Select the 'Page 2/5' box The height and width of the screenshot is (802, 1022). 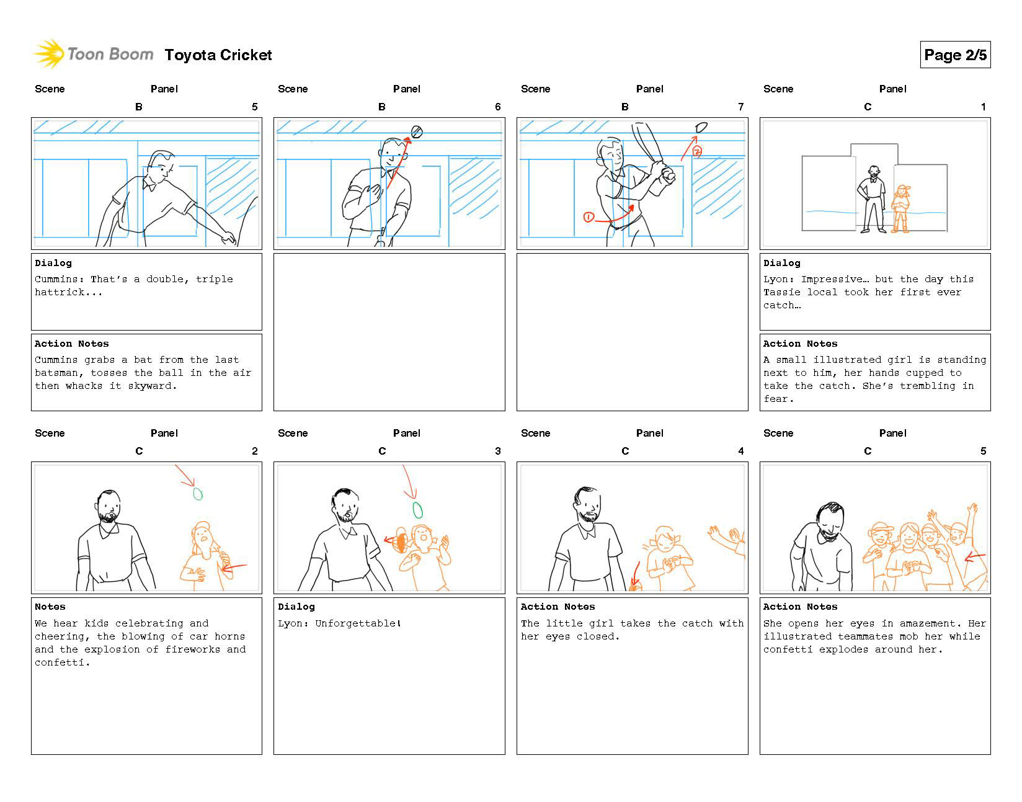click(x=955, y=55)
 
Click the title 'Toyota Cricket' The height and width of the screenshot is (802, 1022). click(x=218, y=55)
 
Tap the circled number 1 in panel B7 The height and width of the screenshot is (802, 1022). click(x=589, y=217)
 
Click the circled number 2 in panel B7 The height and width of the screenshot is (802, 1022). click(x=696, y=151)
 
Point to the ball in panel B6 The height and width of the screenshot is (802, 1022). click(x=417, y=131)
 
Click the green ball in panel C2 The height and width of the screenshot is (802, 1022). click(x=198, y=494)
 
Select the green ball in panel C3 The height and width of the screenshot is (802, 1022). click(x=418, y=510)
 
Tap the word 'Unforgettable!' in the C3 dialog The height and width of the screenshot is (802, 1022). click(x=358, y=623)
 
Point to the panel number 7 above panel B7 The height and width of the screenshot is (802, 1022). click(x=740, y=107)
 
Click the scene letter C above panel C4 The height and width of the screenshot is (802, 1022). click(x=625, y=451)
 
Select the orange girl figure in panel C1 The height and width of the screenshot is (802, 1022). click(x=900, y=209)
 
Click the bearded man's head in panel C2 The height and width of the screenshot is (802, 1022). click(x=109, y=506)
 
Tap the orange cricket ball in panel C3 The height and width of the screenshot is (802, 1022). click(x=401, y=543)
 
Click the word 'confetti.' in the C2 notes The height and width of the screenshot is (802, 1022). click(x=63, y=662)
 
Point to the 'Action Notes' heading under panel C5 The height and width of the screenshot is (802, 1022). click(x=800, y=607)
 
